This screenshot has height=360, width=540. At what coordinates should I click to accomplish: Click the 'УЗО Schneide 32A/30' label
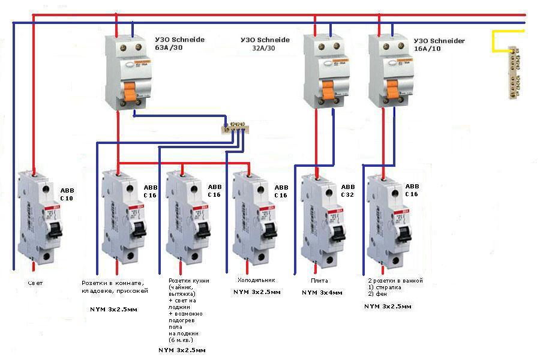(265, 44)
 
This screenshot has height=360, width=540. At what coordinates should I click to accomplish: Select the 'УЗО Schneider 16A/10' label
(439, 45)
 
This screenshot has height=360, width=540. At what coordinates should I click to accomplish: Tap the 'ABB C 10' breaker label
(67, 193)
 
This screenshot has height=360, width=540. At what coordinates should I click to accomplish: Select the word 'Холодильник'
(256, 280)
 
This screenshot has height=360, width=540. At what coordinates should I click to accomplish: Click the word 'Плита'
(319, 280)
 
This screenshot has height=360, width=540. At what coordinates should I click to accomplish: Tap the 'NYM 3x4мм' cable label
(322, 293)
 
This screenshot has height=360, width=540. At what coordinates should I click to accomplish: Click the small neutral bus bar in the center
(234, 127)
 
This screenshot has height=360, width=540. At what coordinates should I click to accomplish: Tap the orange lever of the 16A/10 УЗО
(392, 90)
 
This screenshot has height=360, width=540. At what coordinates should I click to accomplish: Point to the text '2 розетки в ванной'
(395, 281)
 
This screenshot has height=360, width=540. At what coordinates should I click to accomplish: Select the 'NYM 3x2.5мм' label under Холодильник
(256, 292)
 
